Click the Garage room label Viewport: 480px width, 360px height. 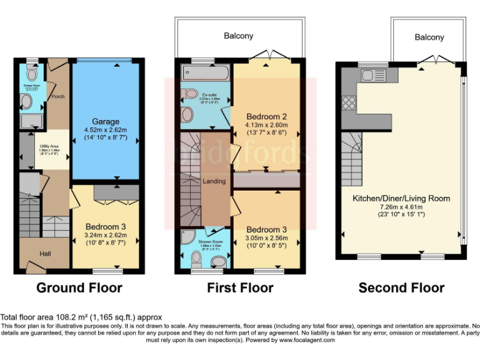coord(105,121)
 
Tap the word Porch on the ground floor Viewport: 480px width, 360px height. coord(58,97)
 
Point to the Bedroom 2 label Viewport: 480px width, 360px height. coord(266,117)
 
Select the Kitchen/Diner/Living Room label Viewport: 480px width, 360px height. coord(401,198)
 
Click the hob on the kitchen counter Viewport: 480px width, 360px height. coord(347,101)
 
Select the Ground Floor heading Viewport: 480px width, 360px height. coord(79,287)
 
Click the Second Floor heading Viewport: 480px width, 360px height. coord(401,287)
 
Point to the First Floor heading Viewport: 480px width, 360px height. coord(240,287)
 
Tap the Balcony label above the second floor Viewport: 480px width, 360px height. coord(429,37)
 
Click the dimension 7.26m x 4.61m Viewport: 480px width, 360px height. coord(401,207)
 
